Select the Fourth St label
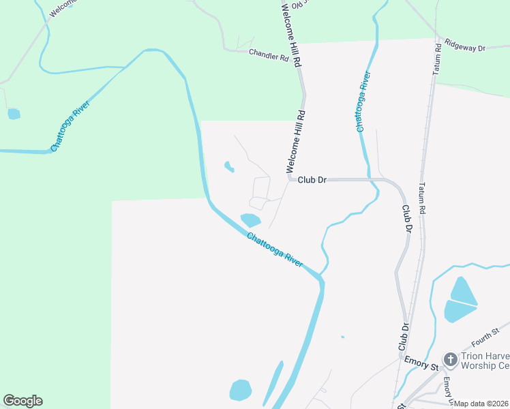(485, 339)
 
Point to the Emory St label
(420, 363)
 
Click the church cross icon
(450, 359)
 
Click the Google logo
(22, 401)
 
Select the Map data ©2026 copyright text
(481, 404)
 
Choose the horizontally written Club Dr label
(312, 180)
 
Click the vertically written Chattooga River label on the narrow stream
(363, 101)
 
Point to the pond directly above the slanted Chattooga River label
(250, 219)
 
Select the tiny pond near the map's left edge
(14, 114)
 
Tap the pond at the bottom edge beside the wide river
(240, 391)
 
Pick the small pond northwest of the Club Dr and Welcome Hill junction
(228, 166)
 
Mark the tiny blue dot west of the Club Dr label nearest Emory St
(342, 337)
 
